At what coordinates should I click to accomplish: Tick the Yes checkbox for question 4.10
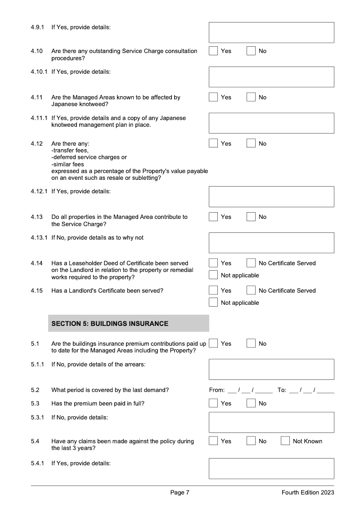click(x=213, y=51)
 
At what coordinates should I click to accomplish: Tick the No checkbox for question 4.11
click(x=251, y=97)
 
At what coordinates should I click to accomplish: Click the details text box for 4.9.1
click(x=271, y=32)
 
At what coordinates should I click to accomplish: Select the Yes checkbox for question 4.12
click(x=213, y=143)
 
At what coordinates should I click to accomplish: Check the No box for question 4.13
click(x=251, y=217)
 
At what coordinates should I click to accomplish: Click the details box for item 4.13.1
click(x=271, y=243)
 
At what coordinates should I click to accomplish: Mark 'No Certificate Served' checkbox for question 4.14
click(x=251, y=263)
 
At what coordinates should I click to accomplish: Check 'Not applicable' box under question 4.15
click(x=213, y=303)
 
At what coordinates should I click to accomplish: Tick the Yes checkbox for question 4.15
click(x=213, y=290)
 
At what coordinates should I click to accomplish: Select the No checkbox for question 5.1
click(x=251, y=343)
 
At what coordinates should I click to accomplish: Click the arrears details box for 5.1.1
click(x=271, y=369)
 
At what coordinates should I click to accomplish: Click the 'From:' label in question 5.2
click(x=217, y=390)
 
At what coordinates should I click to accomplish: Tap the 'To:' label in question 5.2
click(x=282, y=390)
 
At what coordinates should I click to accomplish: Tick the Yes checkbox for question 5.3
click(x=213, y=403)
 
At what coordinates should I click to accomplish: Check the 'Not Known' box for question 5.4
click(x=285, y=441)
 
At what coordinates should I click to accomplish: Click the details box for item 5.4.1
click(x=271, y=468)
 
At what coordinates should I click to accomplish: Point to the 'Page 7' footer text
click(x=180, y=493)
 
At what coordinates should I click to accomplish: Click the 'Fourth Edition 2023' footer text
click(x=308, y=493)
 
